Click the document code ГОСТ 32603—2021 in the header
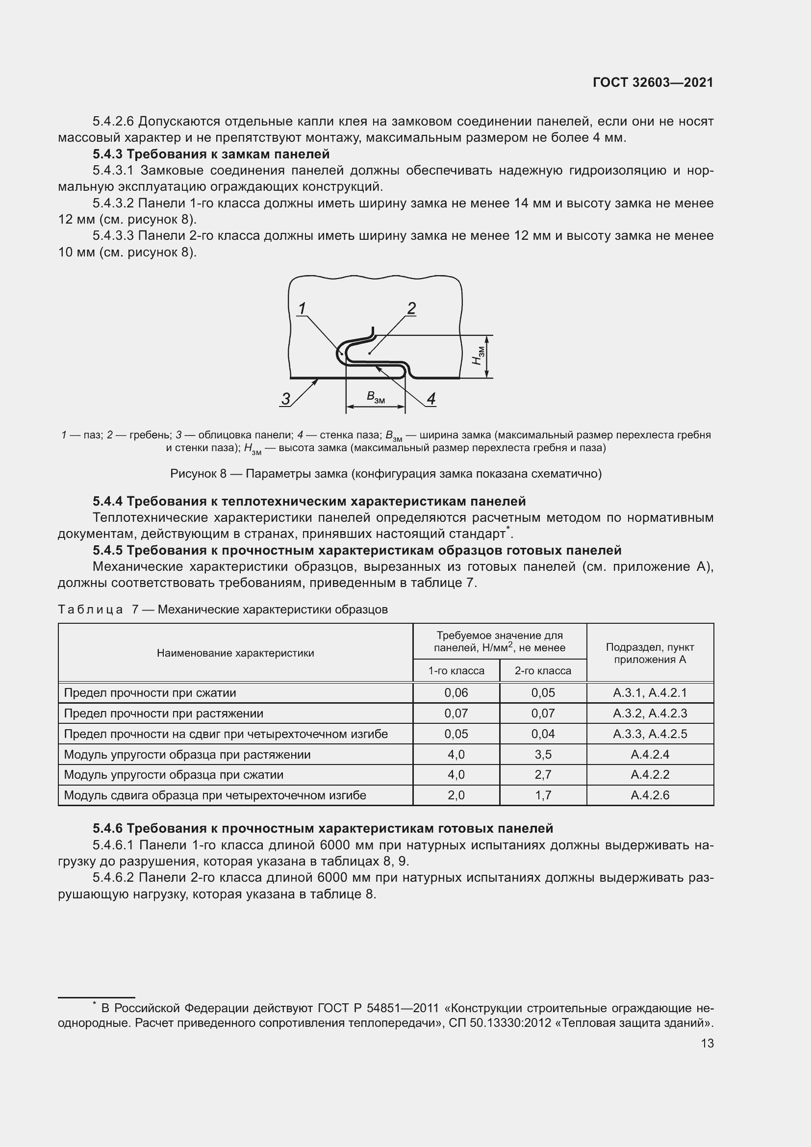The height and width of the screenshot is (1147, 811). (x=653, y=82)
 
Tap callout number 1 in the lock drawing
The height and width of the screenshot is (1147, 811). (x=302, y=309)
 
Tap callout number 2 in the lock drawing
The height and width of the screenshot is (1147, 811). (x=411, y=308)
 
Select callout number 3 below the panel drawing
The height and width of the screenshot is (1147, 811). (x=286, y=399)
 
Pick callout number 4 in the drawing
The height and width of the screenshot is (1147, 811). (x=431, y=399)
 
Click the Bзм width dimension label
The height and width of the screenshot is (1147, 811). (x=376, y=398)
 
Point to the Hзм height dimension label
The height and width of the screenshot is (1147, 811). (x=478, y=355)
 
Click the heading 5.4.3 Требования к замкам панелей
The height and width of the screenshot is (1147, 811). (x=211, y=154)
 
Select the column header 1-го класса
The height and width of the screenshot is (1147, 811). (x=456, y=670)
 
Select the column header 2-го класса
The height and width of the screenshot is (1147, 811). (x=543, y=670)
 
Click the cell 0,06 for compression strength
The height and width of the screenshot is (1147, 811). (x=456, y=693)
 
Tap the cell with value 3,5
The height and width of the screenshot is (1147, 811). (x=543, y=754)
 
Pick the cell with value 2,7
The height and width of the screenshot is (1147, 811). (x=543, y=775)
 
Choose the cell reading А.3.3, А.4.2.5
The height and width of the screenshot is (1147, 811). (x=650, y=734)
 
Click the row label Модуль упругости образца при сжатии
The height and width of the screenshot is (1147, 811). (x=173, y=775)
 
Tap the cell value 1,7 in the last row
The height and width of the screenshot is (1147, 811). (x=543, y=795)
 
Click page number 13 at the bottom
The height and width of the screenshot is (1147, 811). (x=707, y=1043)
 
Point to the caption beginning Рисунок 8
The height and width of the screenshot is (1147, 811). (x=385, y=474)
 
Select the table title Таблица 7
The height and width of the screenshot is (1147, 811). (x=223, y=610)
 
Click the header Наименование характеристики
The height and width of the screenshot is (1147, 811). (x=235, y=653)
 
